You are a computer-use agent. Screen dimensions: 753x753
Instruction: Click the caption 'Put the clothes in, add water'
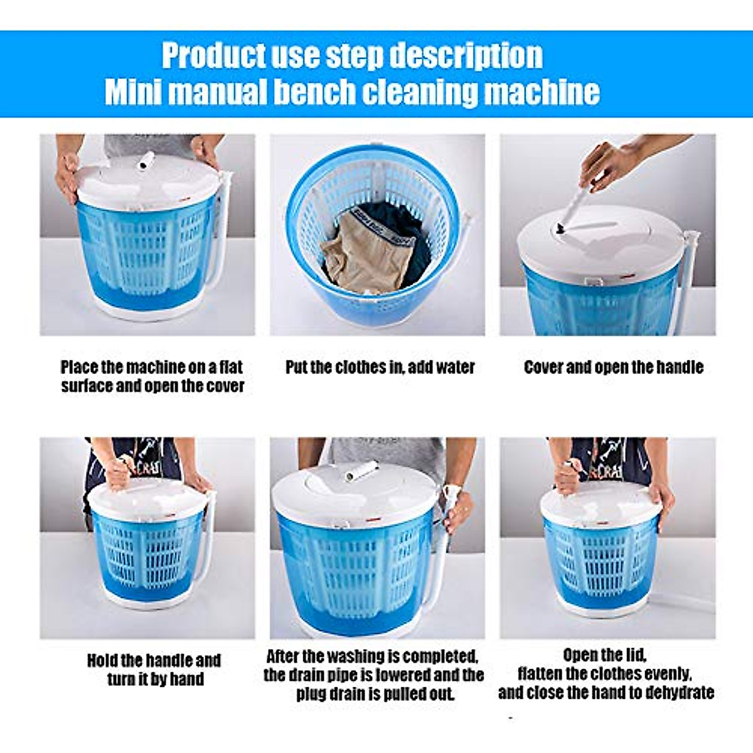(x=380, y=367)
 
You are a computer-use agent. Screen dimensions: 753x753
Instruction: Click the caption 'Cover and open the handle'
(x=613, y=367)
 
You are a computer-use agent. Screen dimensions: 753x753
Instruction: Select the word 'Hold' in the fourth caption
(x=102, y=660)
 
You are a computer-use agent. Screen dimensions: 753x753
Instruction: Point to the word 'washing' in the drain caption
(x=354, y=656)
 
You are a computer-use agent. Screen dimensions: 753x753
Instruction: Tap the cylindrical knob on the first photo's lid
(x=147, y=160)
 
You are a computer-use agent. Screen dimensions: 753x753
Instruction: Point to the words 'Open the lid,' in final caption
(x=604, y=655)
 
